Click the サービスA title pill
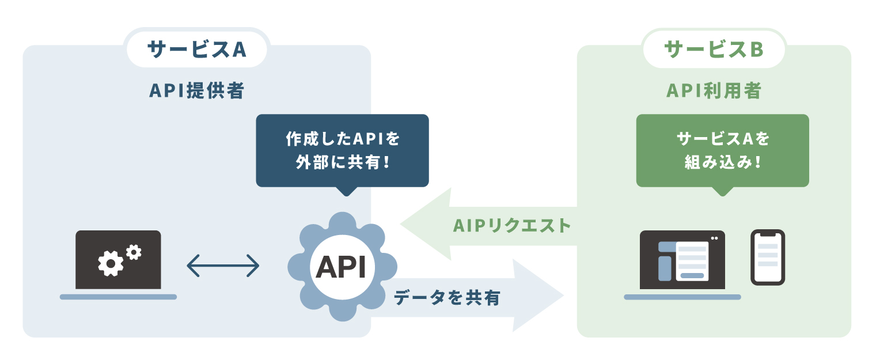[196, 49]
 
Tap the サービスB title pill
[714, 49]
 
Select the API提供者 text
[196, 90]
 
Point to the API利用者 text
[714, 90]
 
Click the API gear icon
[342, 267]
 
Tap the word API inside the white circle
[342, 267]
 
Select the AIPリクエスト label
[512, 225]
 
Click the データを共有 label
[447, 297]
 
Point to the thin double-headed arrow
[223, 266]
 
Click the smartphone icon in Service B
[767, 257]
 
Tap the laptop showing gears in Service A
[118, 260]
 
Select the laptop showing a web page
[682, 260]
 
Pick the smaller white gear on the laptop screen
[134, 251]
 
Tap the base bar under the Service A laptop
[118, 297]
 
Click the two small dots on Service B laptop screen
[715, 238]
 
